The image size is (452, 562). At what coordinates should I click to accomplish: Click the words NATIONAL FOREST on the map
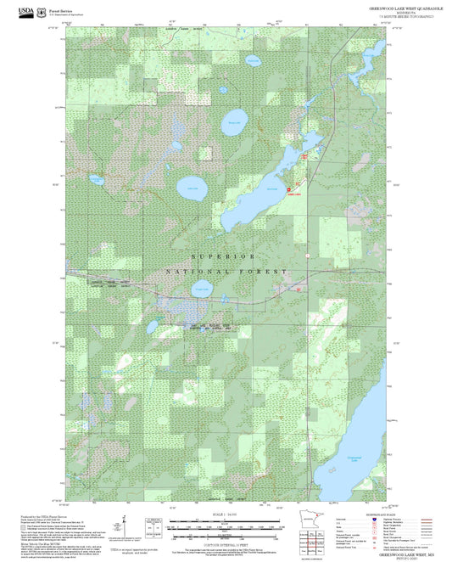pyautogui.click(x=225, y=271)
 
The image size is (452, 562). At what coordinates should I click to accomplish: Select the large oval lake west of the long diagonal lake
pyautogui.click(x=192, y=190)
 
